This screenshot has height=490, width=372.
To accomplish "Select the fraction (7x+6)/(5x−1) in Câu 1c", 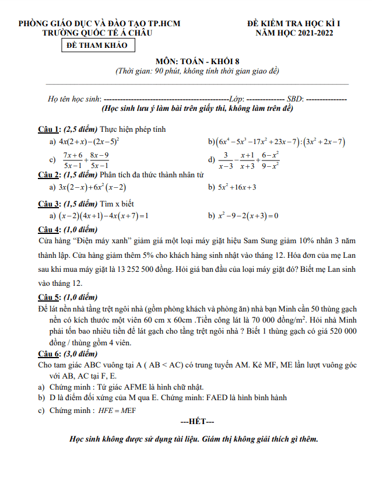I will pyautogui.click(x=73, y=160).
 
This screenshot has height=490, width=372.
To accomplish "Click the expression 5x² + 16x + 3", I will pyautogui.click(x=237, y=187).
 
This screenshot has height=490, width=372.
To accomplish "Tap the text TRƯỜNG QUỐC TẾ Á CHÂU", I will pyautogui.click(x=98, y=33).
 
